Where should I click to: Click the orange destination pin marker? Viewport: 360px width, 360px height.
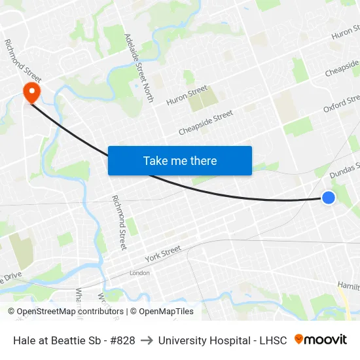pos(31,91)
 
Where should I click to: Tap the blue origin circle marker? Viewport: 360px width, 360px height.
pos(329,198)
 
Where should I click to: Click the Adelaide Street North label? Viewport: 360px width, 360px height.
pos(139,68)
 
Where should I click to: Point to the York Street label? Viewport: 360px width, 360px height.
pos(163,253)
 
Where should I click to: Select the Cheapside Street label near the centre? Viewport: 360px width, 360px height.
pos(206,122)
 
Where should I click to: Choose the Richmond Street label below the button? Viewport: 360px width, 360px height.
pos(118,223)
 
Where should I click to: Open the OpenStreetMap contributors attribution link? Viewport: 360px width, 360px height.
pos(65,312)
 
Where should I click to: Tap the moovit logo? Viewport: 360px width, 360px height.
pos(321,340)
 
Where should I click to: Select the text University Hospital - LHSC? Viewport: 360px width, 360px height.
pos(223,340)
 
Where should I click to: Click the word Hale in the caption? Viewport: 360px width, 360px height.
pos(24,340)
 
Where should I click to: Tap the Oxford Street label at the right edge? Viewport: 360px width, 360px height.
pos(342,103)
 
